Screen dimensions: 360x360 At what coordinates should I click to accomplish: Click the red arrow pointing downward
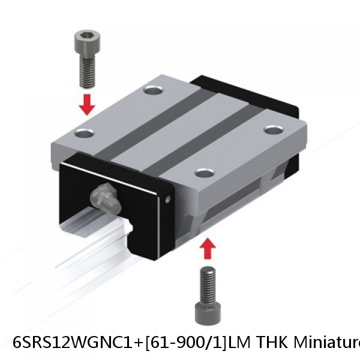88,104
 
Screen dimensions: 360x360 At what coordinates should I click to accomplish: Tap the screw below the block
207,295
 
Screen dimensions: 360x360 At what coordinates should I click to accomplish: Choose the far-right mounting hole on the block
274,128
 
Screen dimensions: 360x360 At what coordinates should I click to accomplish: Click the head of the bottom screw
208,313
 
